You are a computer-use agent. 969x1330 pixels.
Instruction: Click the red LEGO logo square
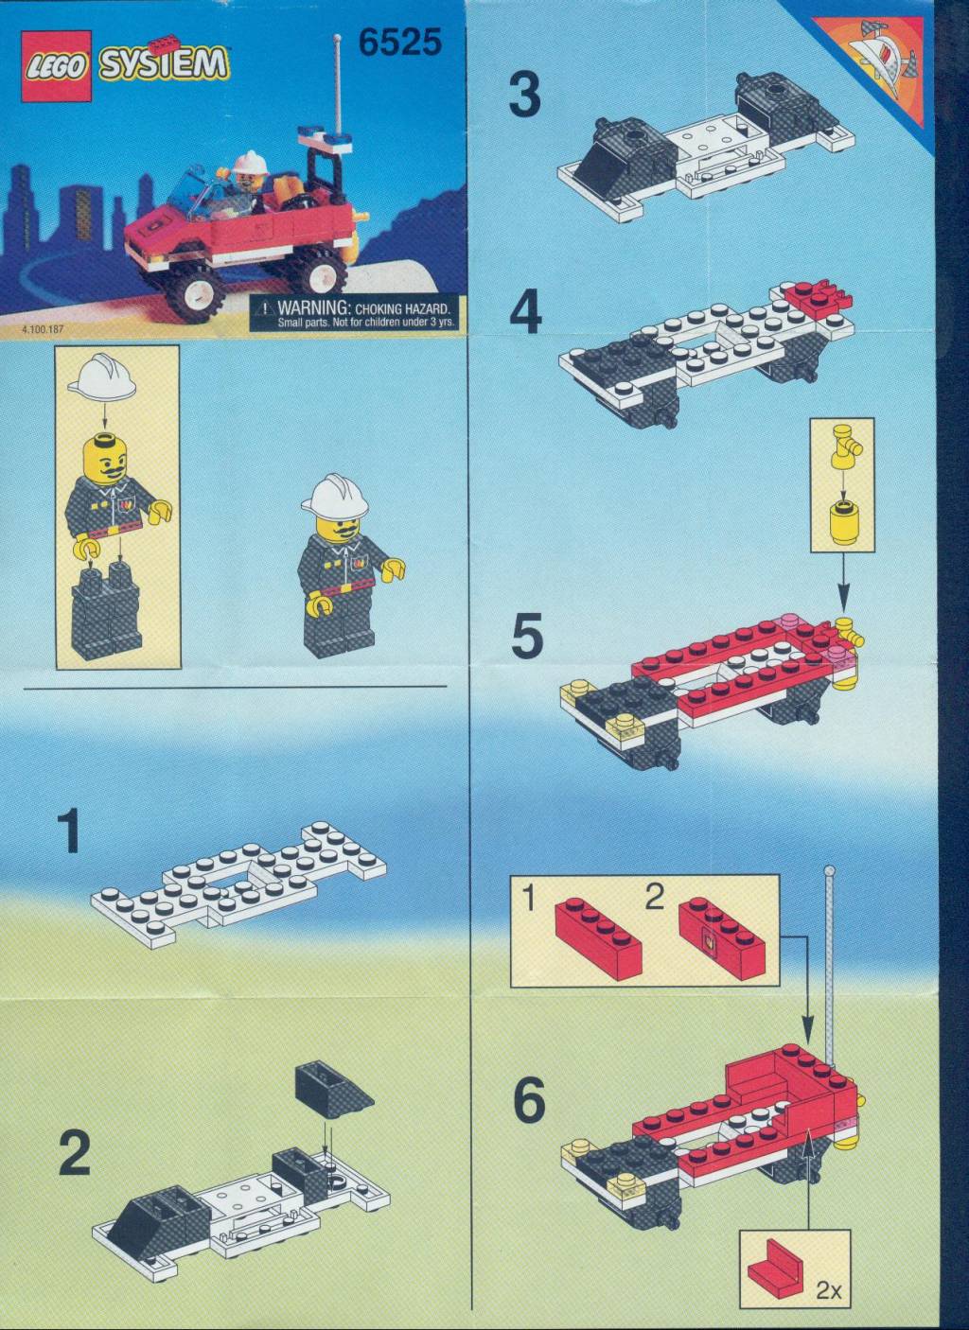57,65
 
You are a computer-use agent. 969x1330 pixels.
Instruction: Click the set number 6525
400,43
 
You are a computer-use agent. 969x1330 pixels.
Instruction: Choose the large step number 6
529,1100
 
